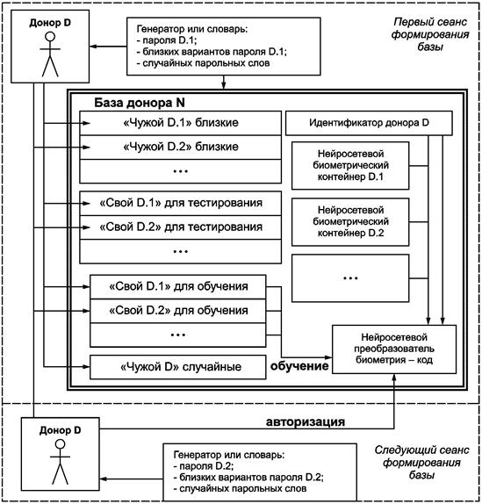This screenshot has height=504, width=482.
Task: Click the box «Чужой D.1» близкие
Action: click(180, 123)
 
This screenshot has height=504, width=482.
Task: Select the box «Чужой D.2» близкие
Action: click(180, 148)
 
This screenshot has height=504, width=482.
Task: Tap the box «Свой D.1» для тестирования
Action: click(180, 204)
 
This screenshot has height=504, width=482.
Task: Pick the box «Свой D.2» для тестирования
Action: click(180, 227)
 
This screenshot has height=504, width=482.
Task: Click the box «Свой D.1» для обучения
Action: click(178, 287)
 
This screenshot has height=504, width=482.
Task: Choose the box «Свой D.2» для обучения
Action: click(178, 311)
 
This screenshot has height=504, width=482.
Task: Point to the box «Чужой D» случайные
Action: click(178, 367)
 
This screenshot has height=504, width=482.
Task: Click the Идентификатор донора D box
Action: click(369, 123)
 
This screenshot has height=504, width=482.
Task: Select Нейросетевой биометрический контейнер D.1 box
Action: click(350, 166)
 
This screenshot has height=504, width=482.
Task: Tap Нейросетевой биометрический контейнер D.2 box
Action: click(350, 222)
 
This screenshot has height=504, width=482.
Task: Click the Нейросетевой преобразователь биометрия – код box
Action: click(394, 349)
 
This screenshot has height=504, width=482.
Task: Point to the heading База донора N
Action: click(140, 103)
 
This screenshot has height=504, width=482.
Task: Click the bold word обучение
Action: click(299, 366)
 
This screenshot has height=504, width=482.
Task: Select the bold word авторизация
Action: click(306, 422)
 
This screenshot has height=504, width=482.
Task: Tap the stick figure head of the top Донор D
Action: click(50, 37)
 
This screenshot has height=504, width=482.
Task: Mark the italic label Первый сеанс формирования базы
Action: click(430, 34)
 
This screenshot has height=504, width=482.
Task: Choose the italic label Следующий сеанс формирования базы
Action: click(421, 463)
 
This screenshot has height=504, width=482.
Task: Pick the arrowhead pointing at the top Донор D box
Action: click(93, 47)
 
